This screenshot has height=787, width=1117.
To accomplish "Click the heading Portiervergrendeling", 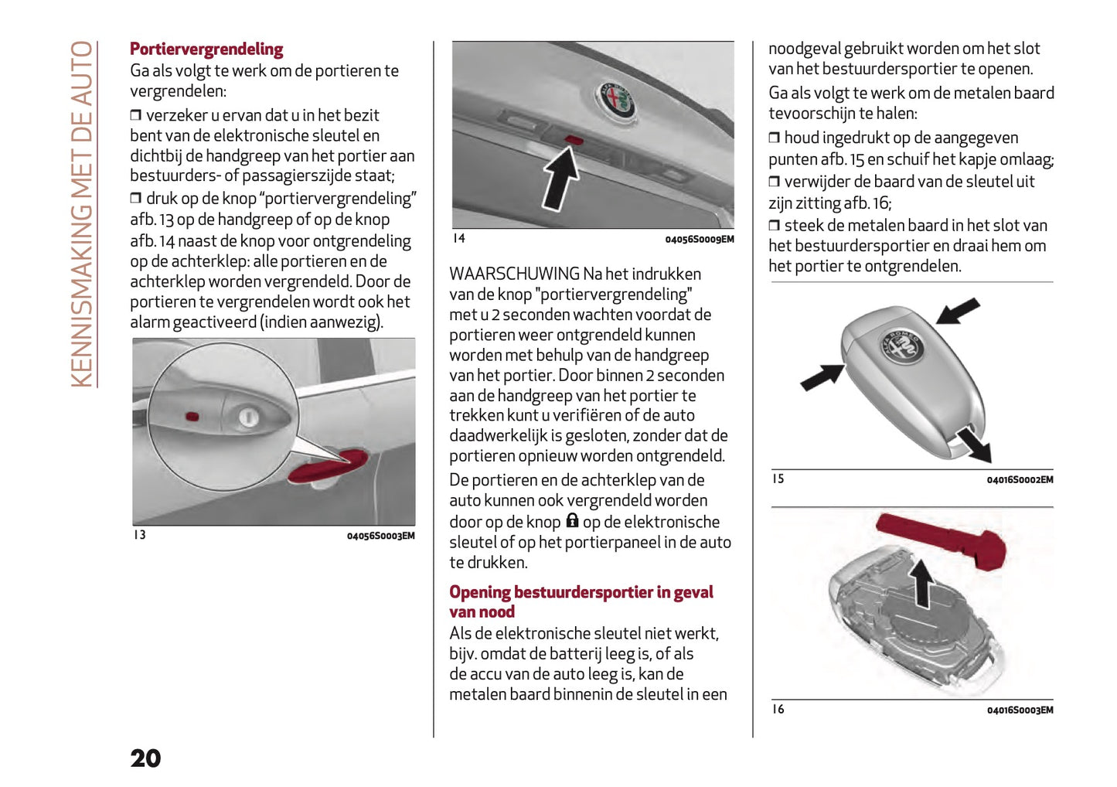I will (206, 49).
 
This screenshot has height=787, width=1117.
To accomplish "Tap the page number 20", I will (145, 758).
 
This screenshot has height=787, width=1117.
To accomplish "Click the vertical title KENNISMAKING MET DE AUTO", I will (82, 214).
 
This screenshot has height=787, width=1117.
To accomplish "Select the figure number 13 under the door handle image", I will (139, 535).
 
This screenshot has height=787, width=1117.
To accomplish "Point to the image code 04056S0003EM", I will (380, 536).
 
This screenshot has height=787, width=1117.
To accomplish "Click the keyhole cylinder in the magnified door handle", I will (247, 417).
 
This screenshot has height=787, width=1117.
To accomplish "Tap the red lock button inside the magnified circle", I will (192, 417).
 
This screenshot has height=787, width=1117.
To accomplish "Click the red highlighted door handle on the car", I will (329, 466).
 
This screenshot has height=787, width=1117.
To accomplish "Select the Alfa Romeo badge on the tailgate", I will (615, 99).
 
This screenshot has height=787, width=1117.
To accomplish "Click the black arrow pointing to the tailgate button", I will (560, 179).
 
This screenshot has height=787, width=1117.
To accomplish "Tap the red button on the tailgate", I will (574, 140).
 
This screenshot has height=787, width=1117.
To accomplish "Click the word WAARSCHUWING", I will (514, 274).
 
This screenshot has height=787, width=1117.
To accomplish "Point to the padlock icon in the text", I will (572, 520).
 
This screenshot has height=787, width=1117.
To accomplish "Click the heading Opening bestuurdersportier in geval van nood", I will (581, 601).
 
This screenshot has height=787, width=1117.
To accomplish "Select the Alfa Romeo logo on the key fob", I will (902, 346).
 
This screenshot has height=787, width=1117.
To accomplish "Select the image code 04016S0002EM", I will (1020, 480).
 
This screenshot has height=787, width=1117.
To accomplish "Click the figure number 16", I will (778, 709).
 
